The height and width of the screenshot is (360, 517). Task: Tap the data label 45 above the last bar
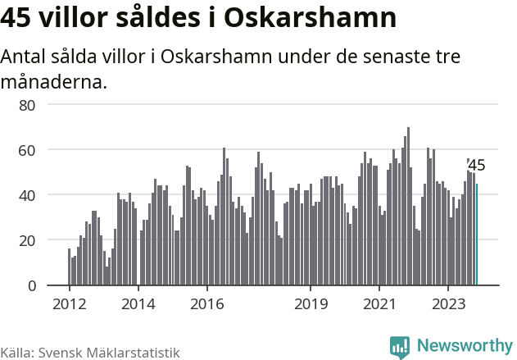point(476,166)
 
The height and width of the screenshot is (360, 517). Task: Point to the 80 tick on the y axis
point(27,105)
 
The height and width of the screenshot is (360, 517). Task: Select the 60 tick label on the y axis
point(27,150)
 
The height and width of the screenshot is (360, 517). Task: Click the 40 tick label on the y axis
point(27,195)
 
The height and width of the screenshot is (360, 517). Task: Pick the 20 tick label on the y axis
point(27,240)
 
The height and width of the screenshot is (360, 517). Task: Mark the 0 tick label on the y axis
point(31,285)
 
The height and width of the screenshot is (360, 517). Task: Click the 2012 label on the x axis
point(69,303)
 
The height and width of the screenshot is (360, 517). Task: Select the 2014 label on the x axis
point(138,303)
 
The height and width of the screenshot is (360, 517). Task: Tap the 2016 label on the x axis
point(207,303)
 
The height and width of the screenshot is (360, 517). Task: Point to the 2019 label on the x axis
point(311,303)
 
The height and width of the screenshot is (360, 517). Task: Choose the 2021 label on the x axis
point(380,303)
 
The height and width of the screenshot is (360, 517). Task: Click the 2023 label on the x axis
point(449,303)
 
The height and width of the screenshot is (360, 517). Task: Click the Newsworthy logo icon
point(400,346)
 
